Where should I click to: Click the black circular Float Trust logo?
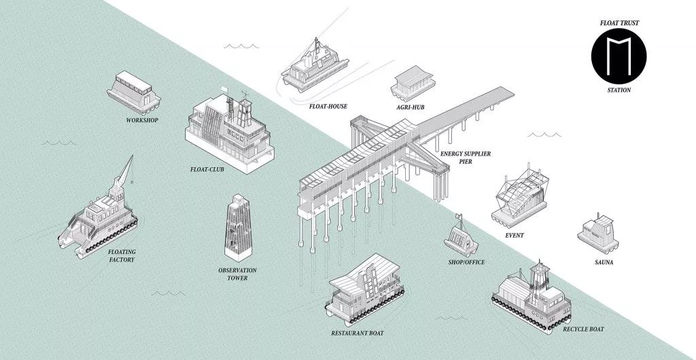[618, 54]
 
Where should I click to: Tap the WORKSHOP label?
[142, 121]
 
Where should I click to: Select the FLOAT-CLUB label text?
[208, 170]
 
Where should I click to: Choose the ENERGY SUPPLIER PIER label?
[466, 158]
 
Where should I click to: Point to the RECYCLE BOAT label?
[583, 329]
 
